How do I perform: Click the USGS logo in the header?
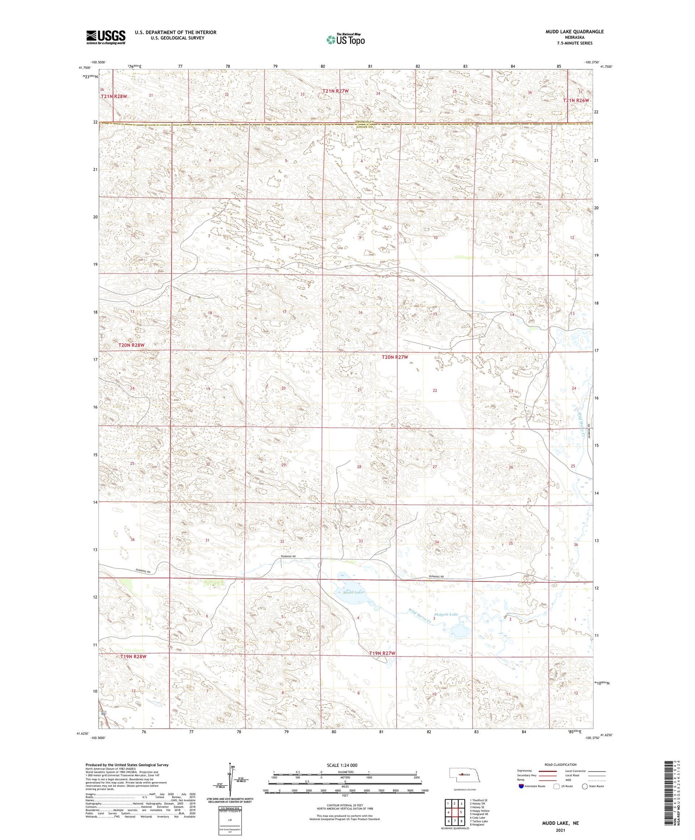pyautogui.click(x=106, y=37)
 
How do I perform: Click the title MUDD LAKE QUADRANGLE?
pyautogui.click(x=575, y=32)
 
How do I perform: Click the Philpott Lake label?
pyautogui.click(x=445, y=614)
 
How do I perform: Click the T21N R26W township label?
pyautogui.click(x=576, y=101)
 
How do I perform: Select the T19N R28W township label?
pyautogui.click(x=133, y=657)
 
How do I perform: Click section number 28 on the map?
pyautogui.click(x=359, y=467)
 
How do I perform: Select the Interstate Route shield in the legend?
pyautogui.click(x=521, y=786)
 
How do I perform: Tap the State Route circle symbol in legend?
pyautogui.click(x=585, y=786)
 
